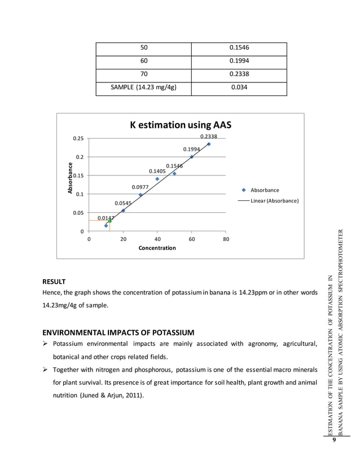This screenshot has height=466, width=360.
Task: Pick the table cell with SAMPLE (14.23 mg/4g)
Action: pos(143,87)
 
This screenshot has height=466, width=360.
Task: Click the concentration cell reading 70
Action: pos(143,74)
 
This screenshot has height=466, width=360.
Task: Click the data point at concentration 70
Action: pos(209,144)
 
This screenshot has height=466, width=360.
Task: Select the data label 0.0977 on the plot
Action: pos(140,187)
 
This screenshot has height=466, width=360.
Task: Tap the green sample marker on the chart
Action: pos(109,221)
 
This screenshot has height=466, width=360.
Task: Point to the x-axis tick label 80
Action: pos(226,239)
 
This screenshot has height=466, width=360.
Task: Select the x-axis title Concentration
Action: pos(157,248)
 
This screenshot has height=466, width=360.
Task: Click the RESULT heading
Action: pos(54,281)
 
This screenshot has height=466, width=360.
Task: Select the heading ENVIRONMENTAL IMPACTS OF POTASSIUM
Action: pos(118,332)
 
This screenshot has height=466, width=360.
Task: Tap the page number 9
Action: pos(335,441)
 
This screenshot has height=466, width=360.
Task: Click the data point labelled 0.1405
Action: pos(157,179)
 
